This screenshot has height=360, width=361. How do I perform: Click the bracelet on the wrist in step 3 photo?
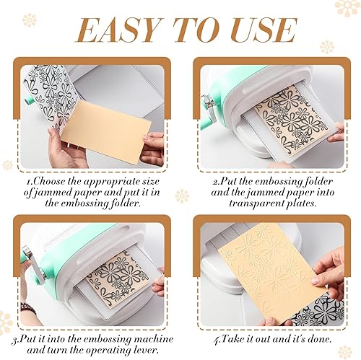[x=27, y=307]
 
